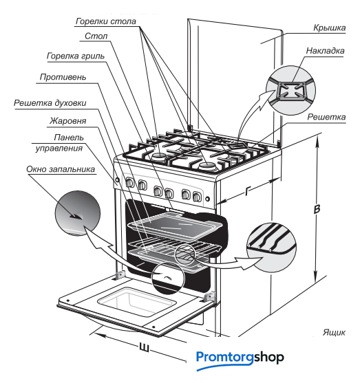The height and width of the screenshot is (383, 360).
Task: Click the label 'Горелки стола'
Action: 105,21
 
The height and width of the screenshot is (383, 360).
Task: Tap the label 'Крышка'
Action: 330,28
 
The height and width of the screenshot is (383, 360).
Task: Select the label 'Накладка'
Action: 325,51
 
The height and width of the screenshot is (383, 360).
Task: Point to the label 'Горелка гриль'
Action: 76,56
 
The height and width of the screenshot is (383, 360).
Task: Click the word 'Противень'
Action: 63,77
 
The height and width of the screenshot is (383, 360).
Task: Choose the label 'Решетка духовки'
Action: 50,103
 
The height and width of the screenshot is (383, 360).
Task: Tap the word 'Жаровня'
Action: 67,121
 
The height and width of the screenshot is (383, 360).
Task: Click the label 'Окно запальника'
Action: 61,169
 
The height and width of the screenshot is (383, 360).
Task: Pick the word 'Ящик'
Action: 334,332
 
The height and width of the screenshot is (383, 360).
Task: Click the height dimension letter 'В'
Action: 317,209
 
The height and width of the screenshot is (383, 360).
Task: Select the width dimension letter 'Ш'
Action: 144,347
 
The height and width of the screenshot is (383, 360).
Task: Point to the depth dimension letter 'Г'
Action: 248,191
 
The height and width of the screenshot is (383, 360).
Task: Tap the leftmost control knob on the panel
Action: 130,182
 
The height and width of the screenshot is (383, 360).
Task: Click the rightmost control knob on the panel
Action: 197,196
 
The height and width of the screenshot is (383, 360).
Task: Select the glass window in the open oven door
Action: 137,302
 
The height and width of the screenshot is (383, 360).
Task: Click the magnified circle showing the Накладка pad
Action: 290,90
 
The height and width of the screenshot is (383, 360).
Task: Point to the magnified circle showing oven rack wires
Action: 271,248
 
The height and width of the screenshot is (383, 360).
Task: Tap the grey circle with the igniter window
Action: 78,213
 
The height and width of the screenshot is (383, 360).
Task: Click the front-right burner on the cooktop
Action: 207,166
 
